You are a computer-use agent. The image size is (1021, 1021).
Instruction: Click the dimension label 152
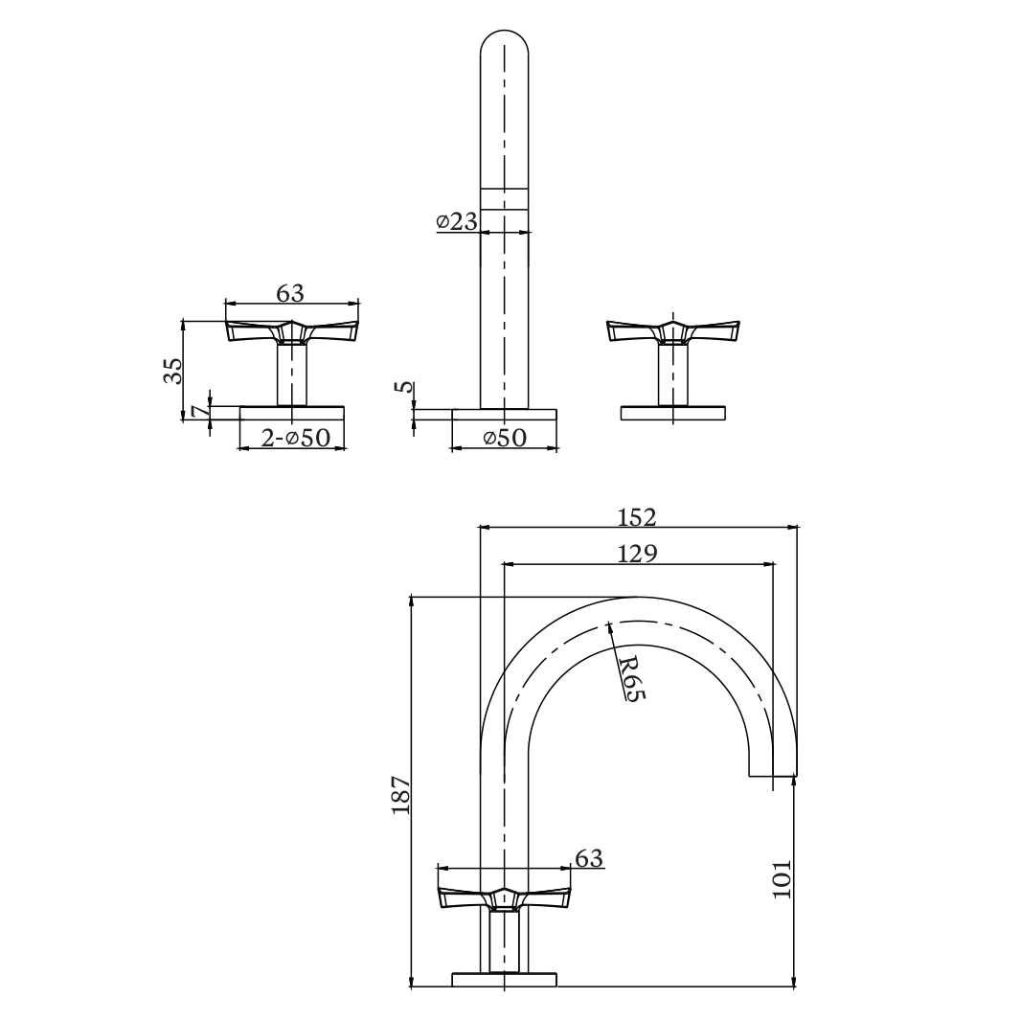636,516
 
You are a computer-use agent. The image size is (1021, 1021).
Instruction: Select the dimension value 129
636,554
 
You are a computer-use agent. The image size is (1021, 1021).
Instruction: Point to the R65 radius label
628,678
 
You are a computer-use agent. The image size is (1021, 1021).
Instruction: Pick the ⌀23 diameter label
456,221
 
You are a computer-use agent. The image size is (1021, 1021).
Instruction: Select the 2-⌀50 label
295,438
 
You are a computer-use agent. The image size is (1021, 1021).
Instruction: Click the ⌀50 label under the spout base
505,438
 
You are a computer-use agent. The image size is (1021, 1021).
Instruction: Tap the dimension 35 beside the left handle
172,370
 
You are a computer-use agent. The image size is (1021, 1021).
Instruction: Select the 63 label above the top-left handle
290,293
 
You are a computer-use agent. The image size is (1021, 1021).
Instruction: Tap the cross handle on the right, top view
673,330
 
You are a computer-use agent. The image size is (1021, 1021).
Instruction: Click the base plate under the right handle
673,413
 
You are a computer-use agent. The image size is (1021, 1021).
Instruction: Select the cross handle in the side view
504,897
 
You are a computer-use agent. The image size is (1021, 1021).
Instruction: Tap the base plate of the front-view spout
504,414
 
